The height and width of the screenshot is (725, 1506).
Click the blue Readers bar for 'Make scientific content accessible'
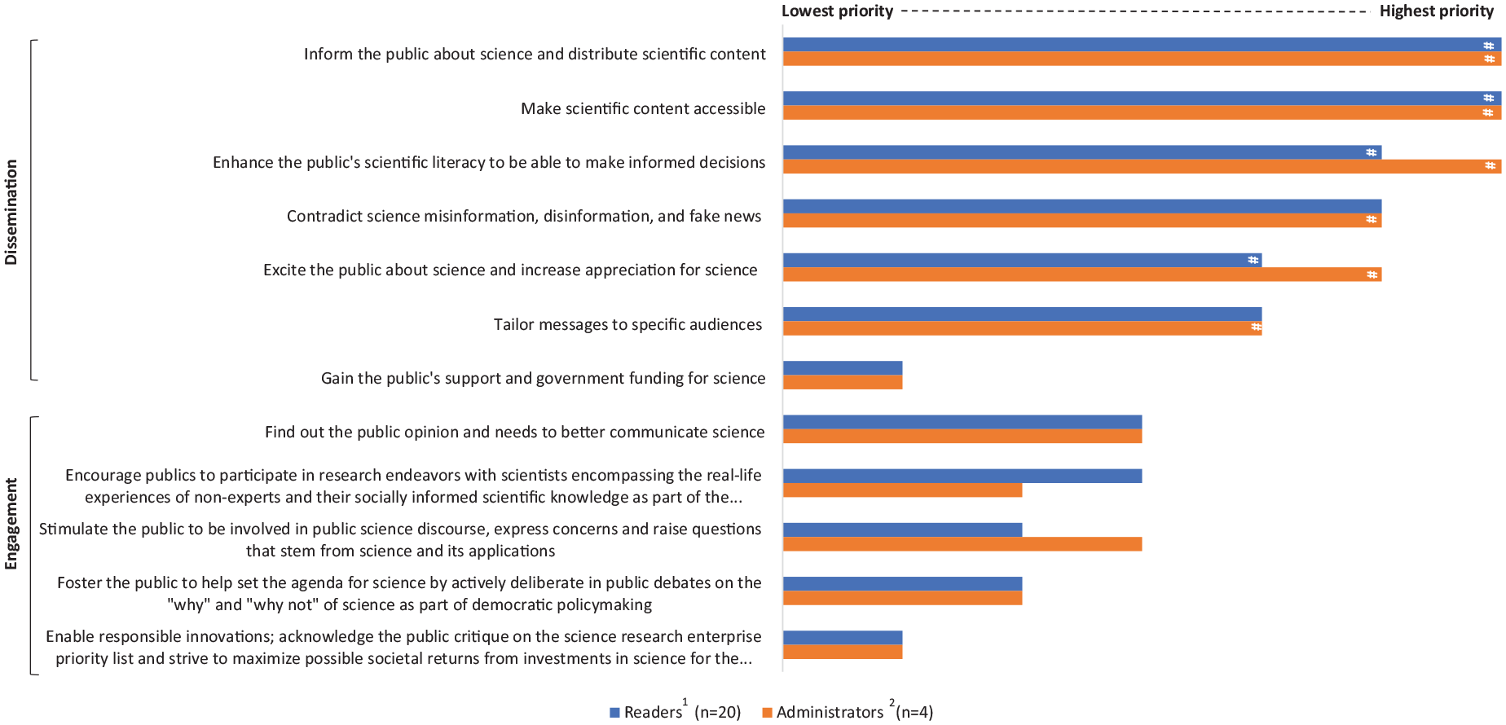(1142, 99)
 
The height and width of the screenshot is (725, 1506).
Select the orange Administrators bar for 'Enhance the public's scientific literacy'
(1142, 166)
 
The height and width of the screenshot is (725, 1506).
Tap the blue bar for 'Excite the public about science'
(1022, 261)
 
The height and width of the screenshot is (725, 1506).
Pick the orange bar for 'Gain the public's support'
(843, 382)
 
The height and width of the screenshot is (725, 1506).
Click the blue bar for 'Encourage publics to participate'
(962, 477)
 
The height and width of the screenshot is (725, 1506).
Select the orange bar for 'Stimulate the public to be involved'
(962, 544)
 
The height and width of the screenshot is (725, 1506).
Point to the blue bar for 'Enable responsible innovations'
(843, 638)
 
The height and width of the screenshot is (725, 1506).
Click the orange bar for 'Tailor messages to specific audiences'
(1022, 328)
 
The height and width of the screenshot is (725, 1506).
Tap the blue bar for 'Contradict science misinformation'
(1082, 206)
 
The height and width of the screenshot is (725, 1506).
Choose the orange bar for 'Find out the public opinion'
(962, 437)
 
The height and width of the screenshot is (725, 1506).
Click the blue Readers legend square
(615, 713)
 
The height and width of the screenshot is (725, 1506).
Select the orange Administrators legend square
(767, 713)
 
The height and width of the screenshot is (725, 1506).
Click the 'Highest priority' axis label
(1437, 11)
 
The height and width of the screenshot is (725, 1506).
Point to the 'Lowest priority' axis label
(838, 11)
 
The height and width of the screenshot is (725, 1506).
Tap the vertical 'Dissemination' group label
(11, 212)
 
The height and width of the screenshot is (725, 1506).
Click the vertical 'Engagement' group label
(11, 524)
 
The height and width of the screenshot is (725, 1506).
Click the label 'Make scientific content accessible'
(643, 108)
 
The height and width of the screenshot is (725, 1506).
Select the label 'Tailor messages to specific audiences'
(627, 324)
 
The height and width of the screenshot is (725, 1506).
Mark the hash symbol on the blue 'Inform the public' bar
(1489, 46)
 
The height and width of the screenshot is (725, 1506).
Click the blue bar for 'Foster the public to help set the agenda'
(903, 584)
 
